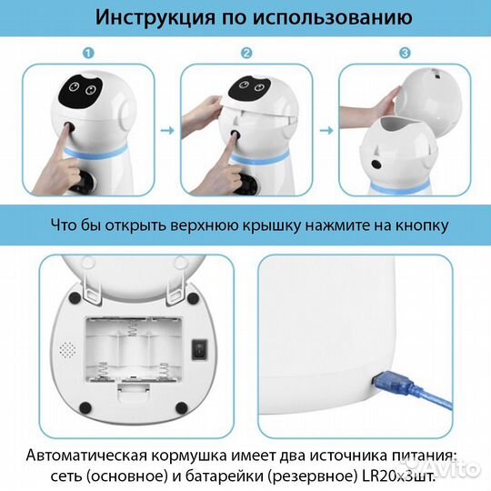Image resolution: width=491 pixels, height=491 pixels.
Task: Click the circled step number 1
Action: click(88, 54)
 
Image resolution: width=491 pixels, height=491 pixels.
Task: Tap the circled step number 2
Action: click(245, 54)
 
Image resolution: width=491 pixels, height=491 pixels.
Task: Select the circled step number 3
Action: click(404, 54)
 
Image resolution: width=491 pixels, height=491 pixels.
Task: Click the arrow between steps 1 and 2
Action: click(168, 129)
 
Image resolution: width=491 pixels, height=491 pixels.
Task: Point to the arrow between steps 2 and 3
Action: click(326, 129)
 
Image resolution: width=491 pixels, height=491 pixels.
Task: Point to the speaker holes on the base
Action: click(65, 349)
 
